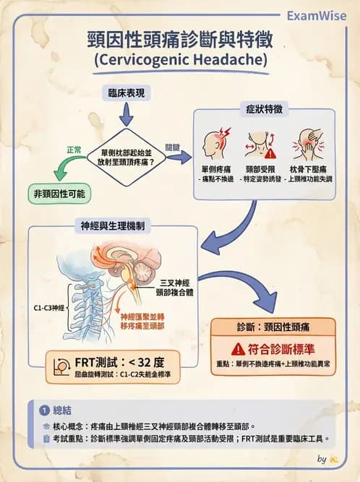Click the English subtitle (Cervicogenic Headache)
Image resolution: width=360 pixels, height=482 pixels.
[x=180, y=59]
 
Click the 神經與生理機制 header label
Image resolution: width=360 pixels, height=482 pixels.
[x=114, y=226]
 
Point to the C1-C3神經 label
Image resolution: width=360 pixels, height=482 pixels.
[x=48, y=307]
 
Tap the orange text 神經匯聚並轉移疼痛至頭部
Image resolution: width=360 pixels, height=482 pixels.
[x=143, y=321]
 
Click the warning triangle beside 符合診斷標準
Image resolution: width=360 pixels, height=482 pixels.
[x=239, y=348]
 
